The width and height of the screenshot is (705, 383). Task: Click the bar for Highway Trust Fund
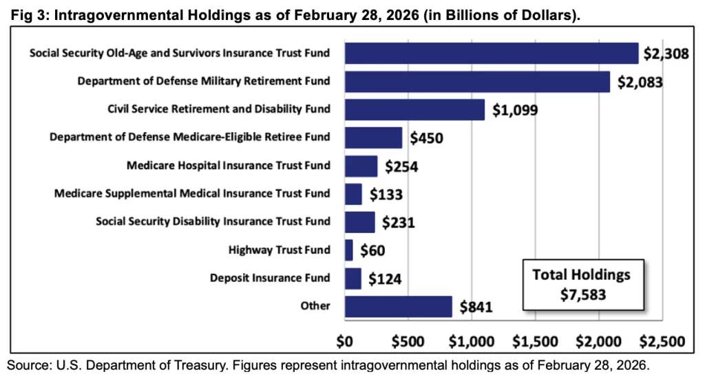348,250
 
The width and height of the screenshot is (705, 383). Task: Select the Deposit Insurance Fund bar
352,278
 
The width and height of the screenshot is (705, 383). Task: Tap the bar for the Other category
398,307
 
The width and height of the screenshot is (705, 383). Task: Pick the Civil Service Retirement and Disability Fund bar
414,109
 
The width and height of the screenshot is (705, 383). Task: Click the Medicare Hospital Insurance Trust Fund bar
361,166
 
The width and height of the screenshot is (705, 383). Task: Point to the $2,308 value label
666,53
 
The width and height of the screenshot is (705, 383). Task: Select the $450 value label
427,138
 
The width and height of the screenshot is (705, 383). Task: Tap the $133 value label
386,195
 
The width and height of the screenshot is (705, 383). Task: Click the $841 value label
476,307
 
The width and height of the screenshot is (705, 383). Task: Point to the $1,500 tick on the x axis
535,341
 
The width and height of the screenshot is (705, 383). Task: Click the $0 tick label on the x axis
344,341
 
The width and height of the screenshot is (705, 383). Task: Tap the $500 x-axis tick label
408,341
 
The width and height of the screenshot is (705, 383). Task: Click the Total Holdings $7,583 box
581,283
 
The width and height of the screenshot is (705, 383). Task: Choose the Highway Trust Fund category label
279,250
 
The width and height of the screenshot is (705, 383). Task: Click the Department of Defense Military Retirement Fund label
204,81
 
